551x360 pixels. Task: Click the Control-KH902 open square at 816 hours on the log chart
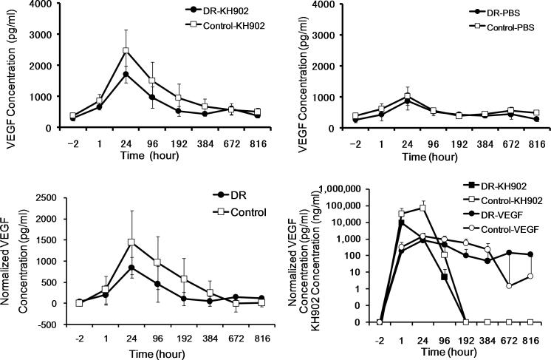531,322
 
